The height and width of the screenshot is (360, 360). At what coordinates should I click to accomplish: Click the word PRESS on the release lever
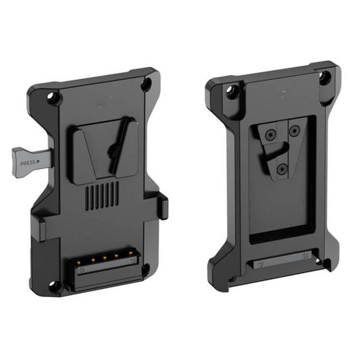click(28, 162)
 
